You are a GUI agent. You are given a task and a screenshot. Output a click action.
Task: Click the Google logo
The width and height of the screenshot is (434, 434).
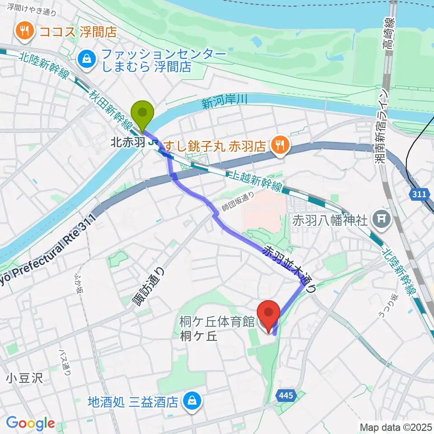(x=30, y=423)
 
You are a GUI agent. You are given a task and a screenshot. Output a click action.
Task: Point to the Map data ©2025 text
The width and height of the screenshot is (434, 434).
(x=396, y=427)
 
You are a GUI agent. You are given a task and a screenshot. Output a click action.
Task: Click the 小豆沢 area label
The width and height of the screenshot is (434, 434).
(x=24, y=378)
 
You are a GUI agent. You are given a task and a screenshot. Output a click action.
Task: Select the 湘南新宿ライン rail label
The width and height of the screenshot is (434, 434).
(x=384, y=131)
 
